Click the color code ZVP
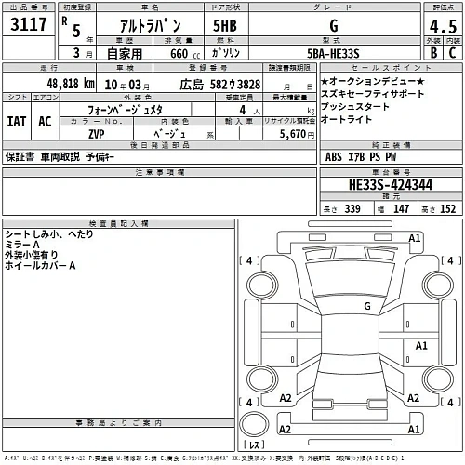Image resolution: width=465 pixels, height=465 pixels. (x=96, y=134)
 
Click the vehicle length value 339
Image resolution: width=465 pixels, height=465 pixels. (x=352, y=209)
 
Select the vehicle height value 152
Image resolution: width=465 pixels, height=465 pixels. (x=447, y=209)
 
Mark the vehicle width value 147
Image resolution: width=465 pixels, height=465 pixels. (x=401, y=209)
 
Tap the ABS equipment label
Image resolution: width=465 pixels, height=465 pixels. (x=334, y=158)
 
